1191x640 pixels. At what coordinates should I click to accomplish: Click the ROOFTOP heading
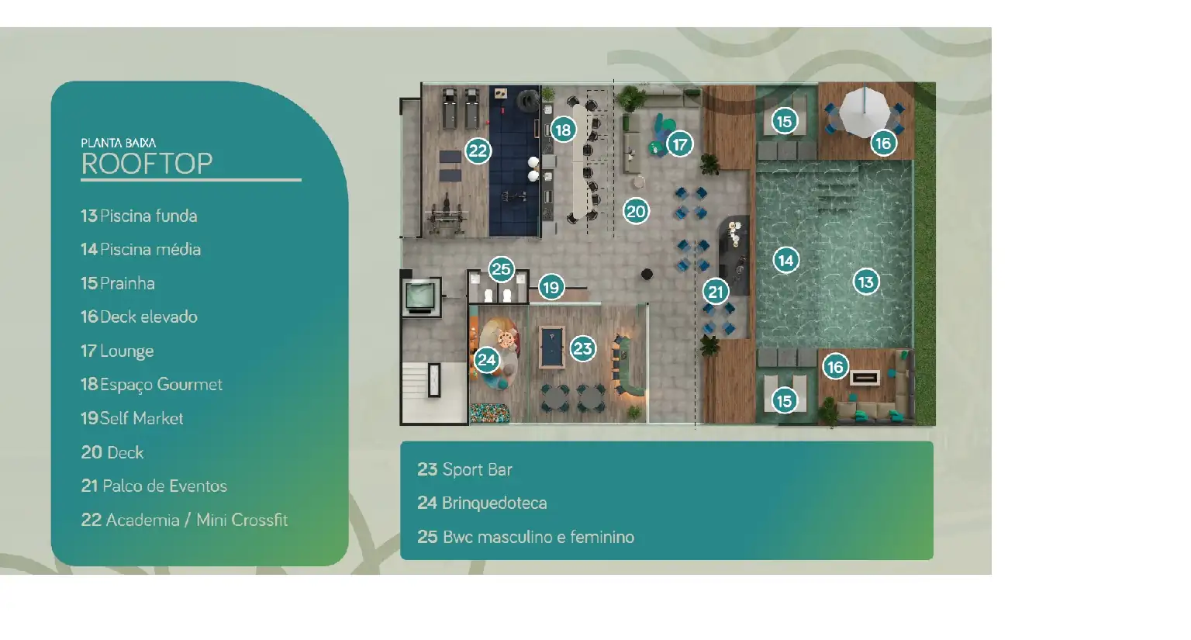[x=147, y=164]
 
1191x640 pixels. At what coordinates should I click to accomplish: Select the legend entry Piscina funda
[x=139, y=216]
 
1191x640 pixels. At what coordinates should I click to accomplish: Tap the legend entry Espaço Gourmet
[x=151, y=385]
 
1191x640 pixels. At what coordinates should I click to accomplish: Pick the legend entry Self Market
[x=132, y=418]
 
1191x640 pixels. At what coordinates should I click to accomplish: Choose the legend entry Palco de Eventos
[x=154, y=486]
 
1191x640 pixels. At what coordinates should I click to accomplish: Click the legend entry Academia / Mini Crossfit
[x=184, y=520]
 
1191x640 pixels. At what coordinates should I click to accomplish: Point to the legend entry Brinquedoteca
[x=482, y=503]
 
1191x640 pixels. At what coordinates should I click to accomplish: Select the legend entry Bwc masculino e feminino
[x=525, y=537]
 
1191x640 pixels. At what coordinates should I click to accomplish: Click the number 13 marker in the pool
[x=866, y=282]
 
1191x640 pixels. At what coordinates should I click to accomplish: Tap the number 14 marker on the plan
[x=785, y=260]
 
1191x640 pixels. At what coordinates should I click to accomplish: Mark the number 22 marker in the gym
[x=478, y=151]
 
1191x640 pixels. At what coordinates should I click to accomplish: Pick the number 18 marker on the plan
[x=563, y=130]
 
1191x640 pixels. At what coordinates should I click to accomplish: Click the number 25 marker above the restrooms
[x=501, y=269]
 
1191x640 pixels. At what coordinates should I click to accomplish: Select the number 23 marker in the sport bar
[x=583, y=348]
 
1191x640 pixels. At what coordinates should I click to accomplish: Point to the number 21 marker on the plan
[x=716, y=292]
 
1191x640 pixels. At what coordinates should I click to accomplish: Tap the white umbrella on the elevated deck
[x=864, y=112]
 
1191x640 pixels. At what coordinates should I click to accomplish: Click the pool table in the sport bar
[x=552, y=347]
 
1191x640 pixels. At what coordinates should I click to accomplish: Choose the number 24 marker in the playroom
[x=486, y=360]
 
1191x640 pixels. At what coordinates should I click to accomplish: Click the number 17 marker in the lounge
[x=679, y=144]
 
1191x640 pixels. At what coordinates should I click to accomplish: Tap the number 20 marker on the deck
[x=636, y=212]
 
